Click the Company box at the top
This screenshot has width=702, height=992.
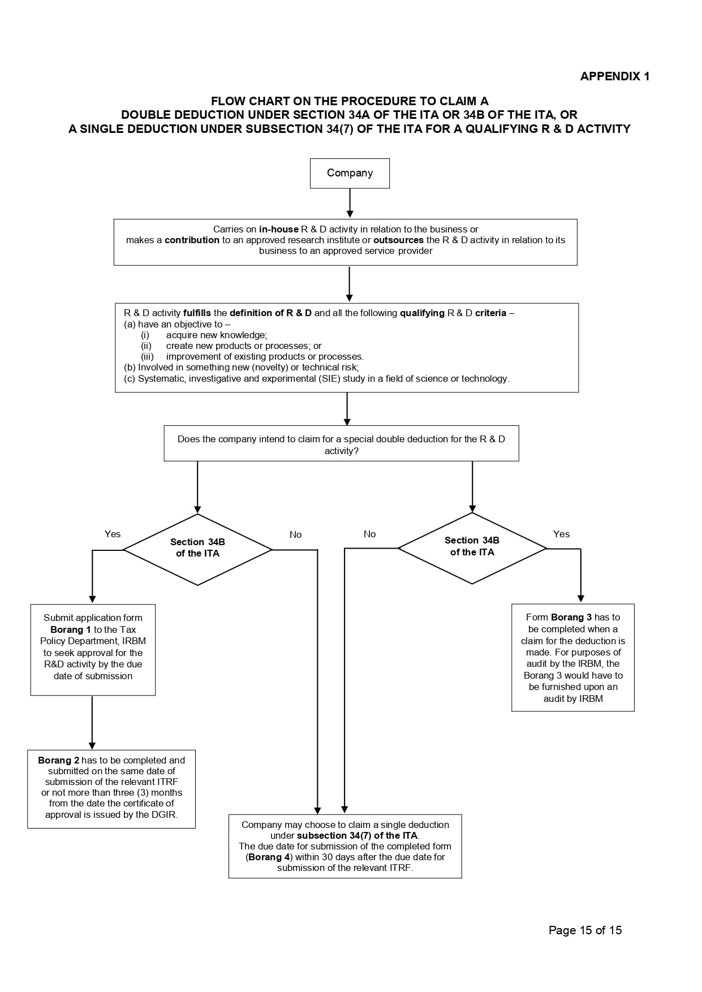(x=350, y=173)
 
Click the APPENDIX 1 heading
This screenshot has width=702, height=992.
(x=615, y=76)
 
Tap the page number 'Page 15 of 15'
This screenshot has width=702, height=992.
(x=585, y=930)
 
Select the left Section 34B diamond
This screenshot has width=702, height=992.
(x=197, y=549)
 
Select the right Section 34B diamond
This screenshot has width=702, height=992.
(x=472, y=548)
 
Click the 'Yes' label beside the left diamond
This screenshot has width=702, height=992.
(x=113, y=534)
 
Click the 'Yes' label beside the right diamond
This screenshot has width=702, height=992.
(x=561, y=534)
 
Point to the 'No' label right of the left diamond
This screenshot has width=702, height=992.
(x=295, y=534)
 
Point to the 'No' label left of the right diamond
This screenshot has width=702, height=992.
(x=369, y=534)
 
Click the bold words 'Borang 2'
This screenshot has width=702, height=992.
(x=59, y=760)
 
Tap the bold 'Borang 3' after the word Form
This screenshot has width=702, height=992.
(x=571, y=617)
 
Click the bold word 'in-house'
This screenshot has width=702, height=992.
(x=279, y=229)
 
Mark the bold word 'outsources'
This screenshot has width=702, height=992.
(x=398, y=240)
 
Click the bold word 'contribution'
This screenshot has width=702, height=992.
(x=192, y=240)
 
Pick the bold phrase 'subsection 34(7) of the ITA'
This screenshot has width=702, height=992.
(x=357, y=835)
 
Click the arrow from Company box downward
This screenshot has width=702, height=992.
(x=350, y=203)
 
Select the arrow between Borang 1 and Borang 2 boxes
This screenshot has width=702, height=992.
(x=92, y=723)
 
